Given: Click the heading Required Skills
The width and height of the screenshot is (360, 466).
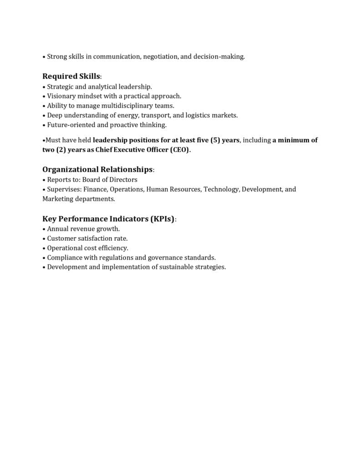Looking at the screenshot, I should tap(71, 76).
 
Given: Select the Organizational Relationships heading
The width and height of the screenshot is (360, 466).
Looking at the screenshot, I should tap(97, 169).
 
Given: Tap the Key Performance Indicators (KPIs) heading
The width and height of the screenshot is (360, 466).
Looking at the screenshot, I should tap(109, 218).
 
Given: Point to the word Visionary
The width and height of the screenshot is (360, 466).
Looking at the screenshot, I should tap(62, 96).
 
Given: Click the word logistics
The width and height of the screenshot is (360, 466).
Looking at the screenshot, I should tap(198, 115).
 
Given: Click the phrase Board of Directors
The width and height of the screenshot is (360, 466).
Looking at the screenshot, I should tap(110, 179).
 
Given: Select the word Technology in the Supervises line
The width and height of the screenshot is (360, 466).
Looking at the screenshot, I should tap(221, 189).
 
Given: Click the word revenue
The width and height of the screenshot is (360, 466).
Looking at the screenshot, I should tap(84, 228).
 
